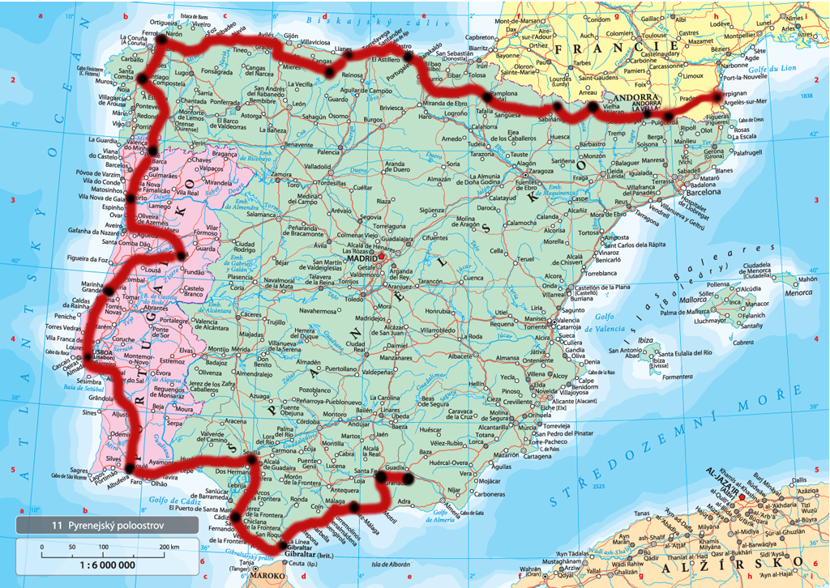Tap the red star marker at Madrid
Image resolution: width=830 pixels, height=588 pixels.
tap(381, 258)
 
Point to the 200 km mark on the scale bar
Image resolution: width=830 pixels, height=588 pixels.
tap(169, 548)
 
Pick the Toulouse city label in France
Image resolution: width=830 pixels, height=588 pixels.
tap(653, 36)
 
